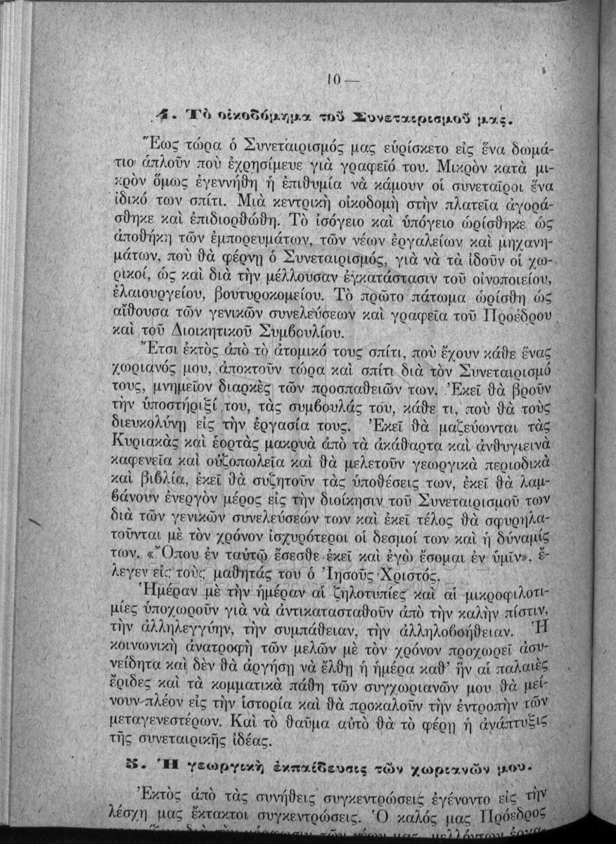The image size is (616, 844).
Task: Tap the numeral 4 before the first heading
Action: (x=161, y=112)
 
